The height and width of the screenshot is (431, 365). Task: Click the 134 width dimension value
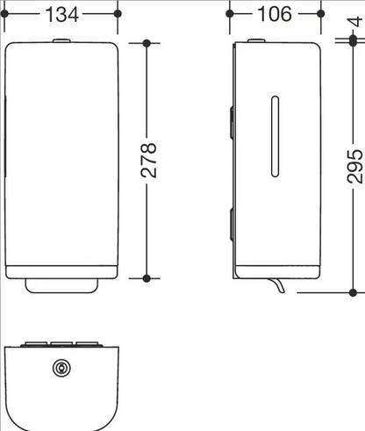point(62,14)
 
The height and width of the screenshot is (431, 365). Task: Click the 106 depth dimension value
point(275,14)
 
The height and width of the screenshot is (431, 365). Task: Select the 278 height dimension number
point(148,161)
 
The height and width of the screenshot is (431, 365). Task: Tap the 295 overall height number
point(354,167)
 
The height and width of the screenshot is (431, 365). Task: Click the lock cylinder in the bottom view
point(61,368)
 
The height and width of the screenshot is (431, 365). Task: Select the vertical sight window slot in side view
point(275,136)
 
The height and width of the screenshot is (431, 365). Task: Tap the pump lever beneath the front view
point(61,286)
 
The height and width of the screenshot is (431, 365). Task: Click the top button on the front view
point(61,40)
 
